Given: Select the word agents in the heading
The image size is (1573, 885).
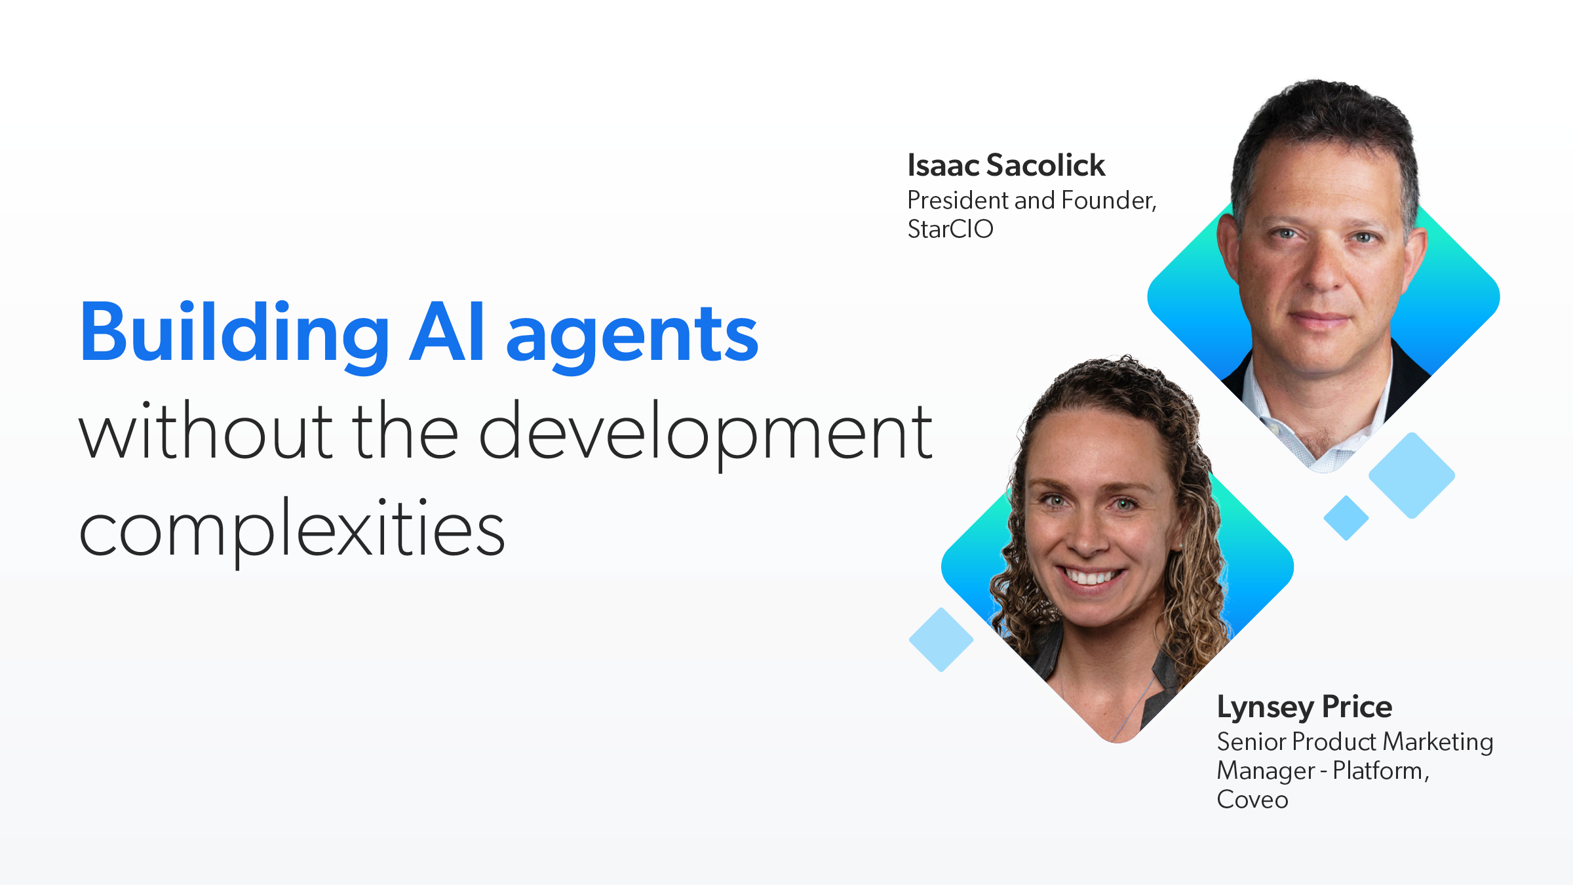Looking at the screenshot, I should tap(632, 338).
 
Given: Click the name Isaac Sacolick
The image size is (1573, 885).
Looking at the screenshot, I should tap(1006, 165).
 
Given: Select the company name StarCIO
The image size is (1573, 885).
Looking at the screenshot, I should tap(950, 229).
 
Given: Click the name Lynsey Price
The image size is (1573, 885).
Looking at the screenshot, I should tap(1304, 707).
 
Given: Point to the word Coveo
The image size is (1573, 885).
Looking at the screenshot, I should tap(1253, 800).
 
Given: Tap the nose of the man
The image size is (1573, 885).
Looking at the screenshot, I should tap(1324, 275).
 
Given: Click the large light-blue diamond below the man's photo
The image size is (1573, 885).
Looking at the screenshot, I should tap(1412, 475).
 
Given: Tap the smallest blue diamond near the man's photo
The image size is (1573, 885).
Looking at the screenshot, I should tap(1346, 518).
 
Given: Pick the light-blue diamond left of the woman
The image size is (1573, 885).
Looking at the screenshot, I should tap(941, 639).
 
